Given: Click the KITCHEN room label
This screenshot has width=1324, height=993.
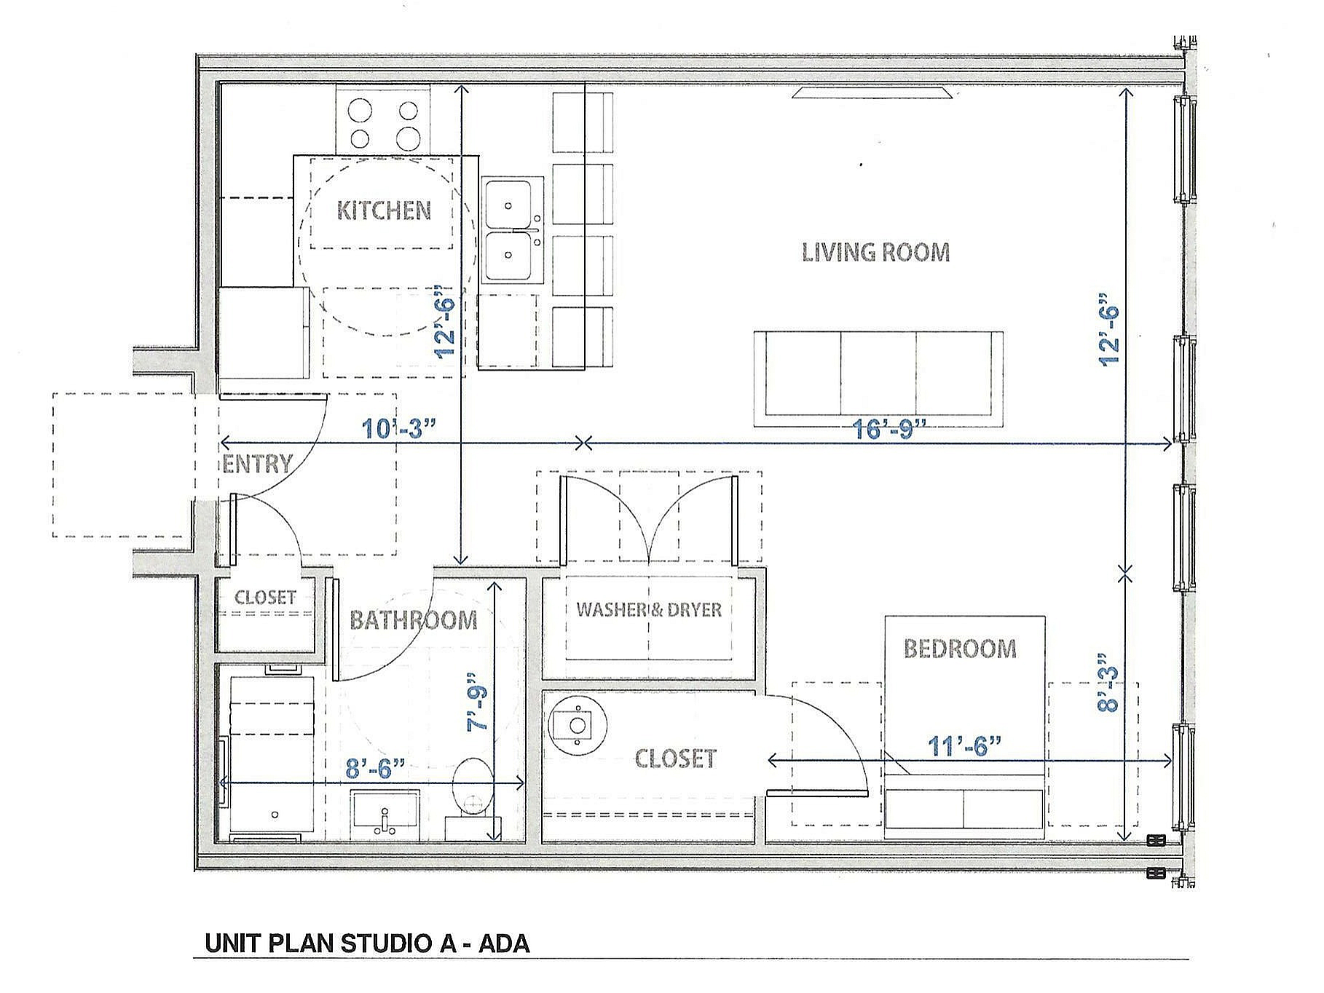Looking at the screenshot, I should pos(384,211).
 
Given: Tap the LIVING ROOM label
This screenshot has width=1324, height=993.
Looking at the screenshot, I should pos(875,253).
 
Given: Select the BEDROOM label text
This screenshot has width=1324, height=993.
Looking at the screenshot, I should pos(960,649).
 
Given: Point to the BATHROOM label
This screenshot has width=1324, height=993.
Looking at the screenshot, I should pos(413,620).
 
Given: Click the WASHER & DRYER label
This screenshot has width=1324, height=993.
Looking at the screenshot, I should pos(648,610).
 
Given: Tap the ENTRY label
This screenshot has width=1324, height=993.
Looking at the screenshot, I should pos(256,464).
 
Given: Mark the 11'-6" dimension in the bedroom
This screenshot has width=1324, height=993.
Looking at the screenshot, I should pos(964,745).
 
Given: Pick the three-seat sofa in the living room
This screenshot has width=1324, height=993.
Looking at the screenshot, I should pos(878,379).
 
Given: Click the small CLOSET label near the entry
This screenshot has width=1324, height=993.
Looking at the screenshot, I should pos(265,598).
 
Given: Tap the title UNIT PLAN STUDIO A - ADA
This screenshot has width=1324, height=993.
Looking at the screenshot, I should pos(367,943).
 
